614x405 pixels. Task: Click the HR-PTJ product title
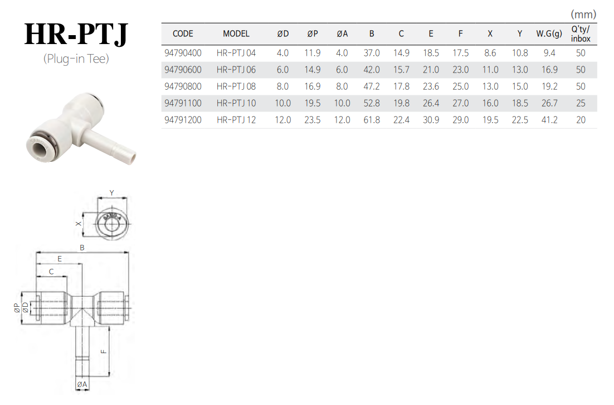click(76, 34)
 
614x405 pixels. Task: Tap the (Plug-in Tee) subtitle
click(76, 59)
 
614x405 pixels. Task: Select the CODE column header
click(183, 33)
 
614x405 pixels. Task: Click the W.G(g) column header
click(549, 33)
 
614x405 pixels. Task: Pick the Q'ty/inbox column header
click(581, 33)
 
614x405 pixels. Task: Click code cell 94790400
click(183, 53)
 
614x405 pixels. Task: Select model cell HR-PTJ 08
click(236, 86)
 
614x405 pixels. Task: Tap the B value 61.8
click(372, 120)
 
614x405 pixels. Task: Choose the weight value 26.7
click(549, 103)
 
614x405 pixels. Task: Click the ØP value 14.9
click(313, 70)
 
